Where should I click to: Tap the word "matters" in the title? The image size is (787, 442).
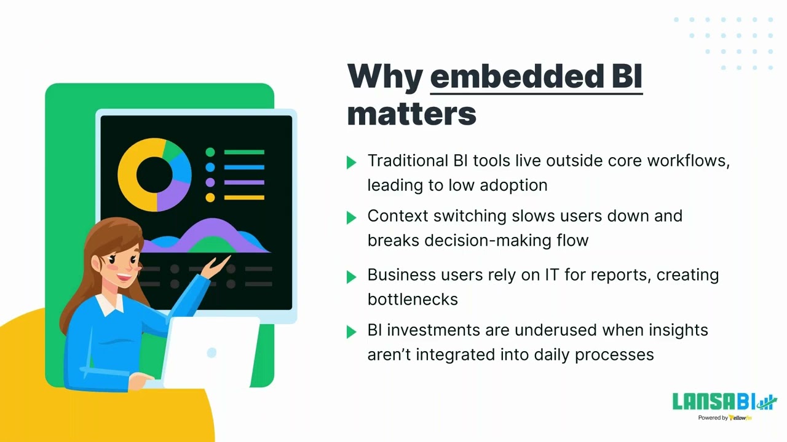(411, 114)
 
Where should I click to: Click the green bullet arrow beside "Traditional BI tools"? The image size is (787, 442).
(352, 162)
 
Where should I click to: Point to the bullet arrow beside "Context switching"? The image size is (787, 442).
(352, 217)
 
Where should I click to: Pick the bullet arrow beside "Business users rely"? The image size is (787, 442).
(352, 276)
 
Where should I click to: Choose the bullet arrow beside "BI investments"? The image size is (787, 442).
(352, 331)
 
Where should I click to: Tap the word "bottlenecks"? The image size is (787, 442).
(413, 299)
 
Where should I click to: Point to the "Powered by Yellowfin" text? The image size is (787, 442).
(724, 418)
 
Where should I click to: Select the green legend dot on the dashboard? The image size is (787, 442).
(210, 152)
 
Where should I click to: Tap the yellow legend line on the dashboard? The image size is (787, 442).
(244, 198)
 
